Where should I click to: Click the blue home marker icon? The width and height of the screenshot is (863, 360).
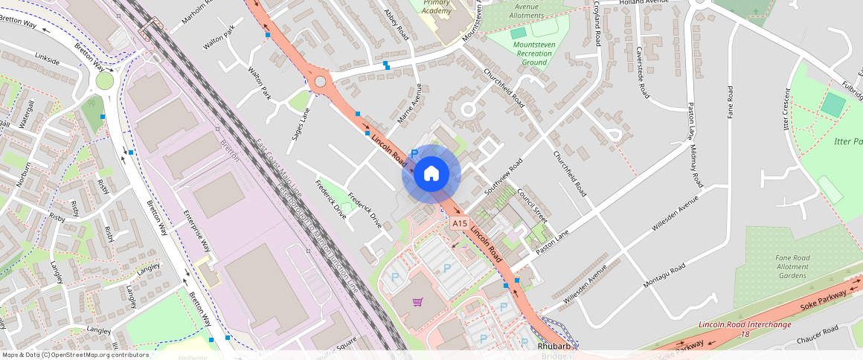431,174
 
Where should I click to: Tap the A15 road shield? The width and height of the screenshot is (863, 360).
459,223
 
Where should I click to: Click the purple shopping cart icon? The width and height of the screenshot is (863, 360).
417,302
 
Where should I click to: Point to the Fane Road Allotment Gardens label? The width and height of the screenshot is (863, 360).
781,266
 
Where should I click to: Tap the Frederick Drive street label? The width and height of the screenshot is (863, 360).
330,199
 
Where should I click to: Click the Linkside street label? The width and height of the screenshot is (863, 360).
46,58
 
